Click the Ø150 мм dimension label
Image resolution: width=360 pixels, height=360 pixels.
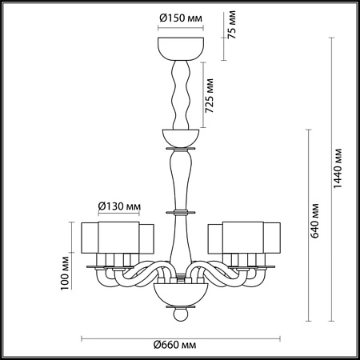pos(181,18)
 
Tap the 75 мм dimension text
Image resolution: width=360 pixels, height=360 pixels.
pos(232,25)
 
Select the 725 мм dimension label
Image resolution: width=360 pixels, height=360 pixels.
pos(210,95)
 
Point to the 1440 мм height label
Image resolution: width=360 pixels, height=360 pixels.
pos(338,168)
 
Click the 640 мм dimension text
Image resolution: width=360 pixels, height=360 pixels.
pos(315,221)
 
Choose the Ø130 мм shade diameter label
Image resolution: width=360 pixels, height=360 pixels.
pos(119,206)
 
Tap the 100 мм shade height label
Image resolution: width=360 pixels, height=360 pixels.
pos(65,273)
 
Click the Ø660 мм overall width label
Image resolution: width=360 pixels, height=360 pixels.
pos(174,345)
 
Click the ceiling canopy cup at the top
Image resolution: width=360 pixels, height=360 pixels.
pos(181,49)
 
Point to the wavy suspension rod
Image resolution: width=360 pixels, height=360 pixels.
pos(181,95)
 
